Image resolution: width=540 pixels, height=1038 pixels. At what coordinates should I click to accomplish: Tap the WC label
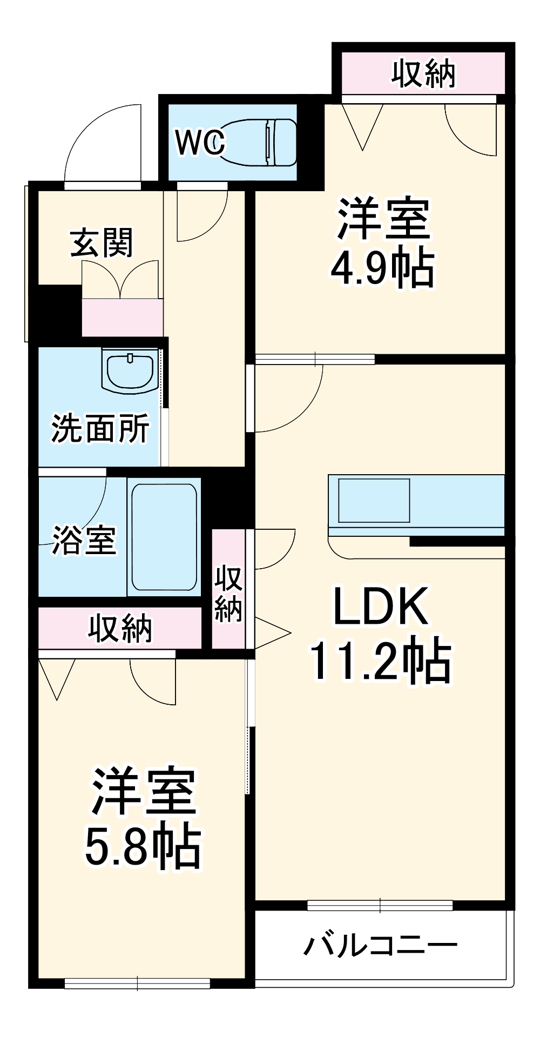coord(199,143)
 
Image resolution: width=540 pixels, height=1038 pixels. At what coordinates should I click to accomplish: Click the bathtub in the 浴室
coord(164,537)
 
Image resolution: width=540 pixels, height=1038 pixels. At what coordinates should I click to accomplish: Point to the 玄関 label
coord(102,242)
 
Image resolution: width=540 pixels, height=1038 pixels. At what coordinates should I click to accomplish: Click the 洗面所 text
coord(100,429)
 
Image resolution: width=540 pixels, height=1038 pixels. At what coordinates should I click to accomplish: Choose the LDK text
coord(381,606)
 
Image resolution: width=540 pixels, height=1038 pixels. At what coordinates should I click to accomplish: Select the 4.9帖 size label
coord(382,267)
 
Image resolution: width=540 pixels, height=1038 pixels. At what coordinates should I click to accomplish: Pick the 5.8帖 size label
coord(143,847)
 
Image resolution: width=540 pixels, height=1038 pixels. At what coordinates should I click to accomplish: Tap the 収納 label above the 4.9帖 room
coord(423,73)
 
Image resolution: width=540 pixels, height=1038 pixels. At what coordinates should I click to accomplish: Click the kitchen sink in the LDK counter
coord(374,500)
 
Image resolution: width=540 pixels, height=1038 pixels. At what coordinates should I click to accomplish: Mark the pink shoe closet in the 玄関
coord(123,318)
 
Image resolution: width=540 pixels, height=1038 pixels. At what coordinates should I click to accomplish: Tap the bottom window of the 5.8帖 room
coord(137,983)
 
